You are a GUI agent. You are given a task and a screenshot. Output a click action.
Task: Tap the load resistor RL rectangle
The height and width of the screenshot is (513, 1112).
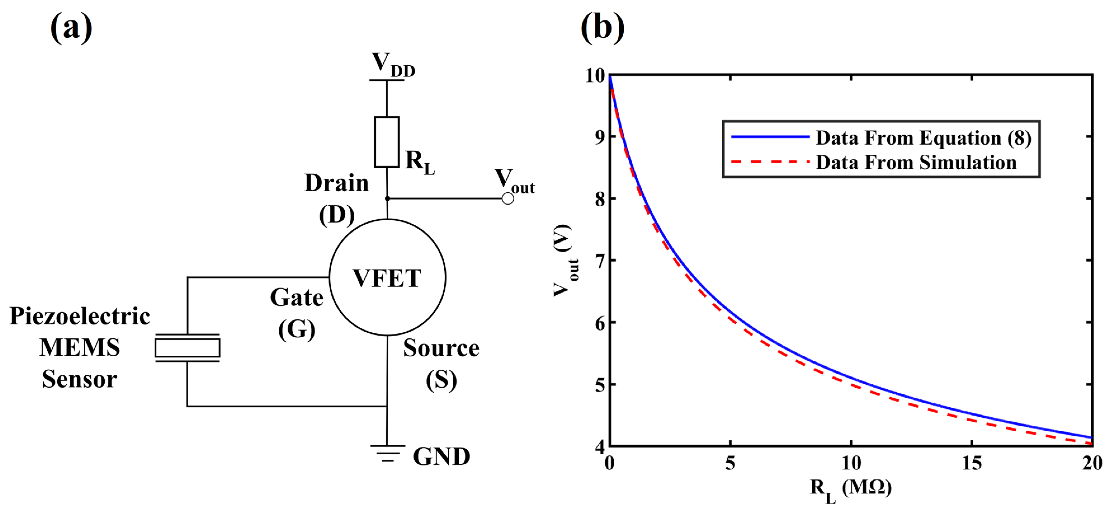386,142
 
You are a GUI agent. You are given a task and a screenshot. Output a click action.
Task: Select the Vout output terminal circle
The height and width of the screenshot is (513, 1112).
508,198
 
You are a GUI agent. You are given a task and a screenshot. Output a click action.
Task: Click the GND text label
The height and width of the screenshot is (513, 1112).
441,456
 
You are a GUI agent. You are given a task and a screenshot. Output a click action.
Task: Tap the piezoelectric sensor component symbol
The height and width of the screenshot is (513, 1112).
187,348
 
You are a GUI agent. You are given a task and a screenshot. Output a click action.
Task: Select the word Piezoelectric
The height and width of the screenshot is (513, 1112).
80,316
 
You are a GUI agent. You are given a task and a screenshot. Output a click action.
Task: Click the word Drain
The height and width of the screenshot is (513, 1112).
337,183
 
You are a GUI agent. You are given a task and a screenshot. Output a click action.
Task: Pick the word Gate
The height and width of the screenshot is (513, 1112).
297,297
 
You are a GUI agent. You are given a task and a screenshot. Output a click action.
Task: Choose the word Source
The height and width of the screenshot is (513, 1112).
441,348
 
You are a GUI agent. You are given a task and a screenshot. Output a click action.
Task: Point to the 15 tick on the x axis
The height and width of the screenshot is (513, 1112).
972,463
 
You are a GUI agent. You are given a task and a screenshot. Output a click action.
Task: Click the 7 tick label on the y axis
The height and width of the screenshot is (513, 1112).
600,261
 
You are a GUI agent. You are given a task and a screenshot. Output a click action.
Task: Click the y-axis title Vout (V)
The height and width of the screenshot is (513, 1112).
565,260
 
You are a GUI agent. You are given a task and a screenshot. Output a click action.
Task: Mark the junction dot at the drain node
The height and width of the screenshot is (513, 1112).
387,198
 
